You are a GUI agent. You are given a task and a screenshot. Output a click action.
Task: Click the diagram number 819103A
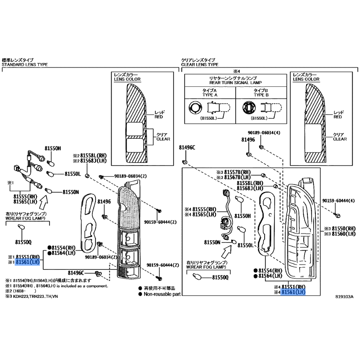coord(344,297)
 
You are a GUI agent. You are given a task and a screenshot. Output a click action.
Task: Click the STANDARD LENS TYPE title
coord(25,64)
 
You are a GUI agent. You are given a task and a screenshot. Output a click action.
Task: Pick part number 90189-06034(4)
coord(264,133)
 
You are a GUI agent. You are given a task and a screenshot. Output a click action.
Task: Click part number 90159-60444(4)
coord(338,200)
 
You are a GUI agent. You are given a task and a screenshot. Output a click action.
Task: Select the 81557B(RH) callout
coord(235,172)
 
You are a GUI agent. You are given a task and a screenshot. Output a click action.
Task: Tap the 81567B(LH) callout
coord(235,177)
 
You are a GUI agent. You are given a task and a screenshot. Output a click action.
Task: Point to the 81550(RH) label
coord(343,229)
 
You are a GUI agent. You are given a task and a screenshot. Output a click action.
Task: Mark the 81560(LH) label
coord(343,234)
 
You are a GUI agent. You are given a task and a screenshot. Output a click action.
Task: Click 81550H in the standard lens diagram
coord(53,148)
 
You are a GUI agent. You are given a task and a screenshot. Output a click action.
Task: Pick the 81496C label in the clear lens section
coord(187,147)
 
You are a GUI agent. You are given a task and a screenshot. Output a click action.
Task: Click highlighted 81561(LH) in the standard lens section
coord(27,261)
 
